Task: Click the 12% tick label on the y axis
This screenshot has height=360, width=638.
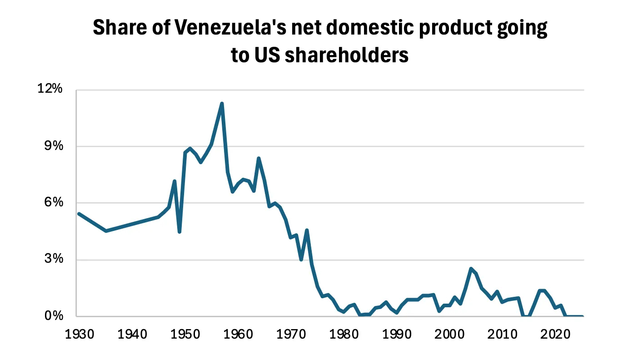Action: tap(50, 89)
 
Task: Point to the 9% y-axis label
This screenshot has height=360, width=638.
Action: tap(54, 146)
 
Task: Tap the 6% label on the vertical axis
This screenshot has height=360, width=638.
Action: tap(54, 203)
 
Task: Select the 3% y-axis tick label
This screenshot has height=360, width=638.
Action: tap(54, 260)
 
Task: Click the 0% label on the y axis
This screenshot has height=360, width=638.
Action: tap(54, 316)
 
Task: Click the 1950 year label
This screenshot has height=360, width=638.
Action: tap(184, 335)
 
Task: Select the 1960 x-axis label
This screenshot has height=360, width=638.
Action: tap(237, 335)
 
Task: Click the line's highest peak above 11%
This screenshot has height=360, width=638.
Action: tap(222, 104)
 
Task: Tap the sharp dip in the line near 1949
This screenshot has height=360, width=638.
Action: tap(180, 232)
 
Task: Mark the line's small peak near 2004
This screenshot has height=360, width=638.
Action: tap(471, 269)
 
